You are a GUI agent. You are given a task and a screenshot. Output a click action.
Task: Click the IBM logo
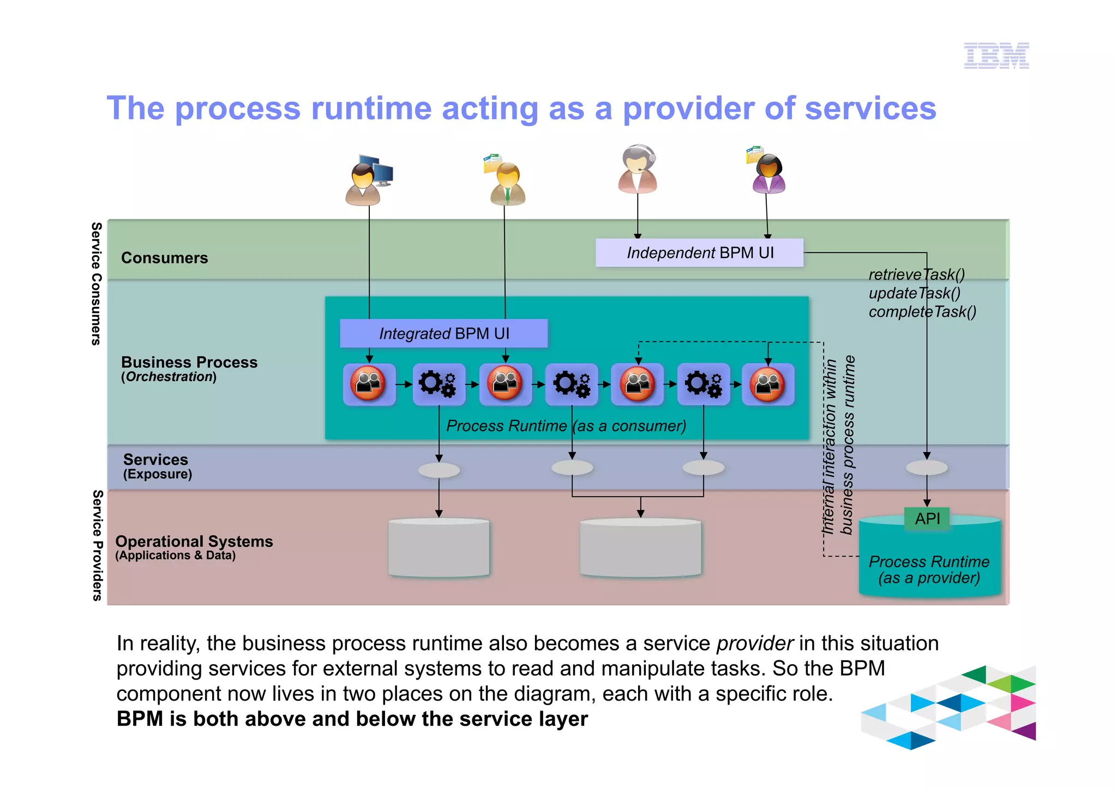pos(996,56)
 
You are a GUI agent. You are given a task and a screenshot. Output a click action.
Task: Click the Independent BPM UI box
pos(699,253)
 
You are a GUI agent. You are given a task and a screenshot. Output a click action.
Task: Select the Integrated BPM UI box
pos(443,333)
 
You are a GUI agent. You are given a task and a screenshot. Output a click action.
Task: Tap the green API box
pos(927,519)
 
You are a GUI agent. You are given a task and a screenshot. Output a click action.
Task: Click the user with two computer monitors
pos(368,180)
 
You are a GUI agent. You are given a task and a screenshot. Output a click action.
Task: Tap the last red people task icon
pos(767,384)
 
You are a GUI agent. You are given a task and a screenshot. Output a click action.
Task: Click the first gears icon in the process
pos(439,384)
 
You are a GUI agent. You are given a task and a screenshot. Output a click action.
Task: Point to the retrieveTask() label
pos(916,274)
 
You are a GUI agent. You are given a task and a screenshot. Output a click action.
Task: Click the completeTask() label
pos(922,312)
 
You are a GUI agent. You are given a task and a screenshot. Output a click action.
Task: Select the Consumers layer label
pos(164,258)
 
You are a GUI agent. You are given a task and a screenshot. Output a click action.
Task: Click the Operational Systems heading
pos(194,541)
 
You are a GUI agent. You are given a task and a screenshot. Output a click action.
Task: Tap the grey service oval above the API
pos(927,467)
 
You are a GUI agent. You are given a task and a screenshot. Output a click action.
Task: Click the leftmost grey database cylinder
pos(439,548)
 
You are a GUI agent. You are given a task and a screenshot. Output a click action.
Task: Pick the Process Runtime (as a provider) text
pos(929,569)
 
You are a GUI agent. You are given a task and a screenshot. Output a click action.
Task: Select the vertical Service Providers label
pos(97,545)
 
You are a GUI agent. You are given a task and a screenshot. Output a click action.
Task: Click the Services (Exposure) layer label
pos(157,466)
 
